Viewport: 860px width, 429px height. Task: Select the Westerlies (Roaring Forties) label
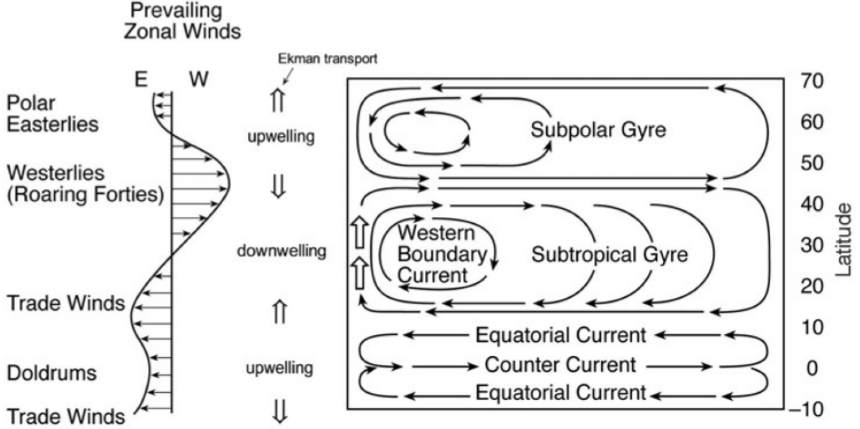coord(84,183)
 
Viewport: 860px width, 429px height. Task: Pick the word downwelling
coord(282,251)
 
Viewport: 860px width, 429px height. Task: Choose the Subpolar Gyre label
coord(599,131)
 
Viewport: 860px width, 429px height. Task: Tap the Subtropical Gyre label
coord(610,255)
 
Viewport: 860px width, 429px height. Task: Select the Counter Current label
coord(560,365)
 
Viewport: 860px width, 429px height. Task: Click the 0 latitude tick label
coord(812,368)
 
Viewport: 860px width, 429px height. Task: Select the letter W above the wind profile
coord(198,80)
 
